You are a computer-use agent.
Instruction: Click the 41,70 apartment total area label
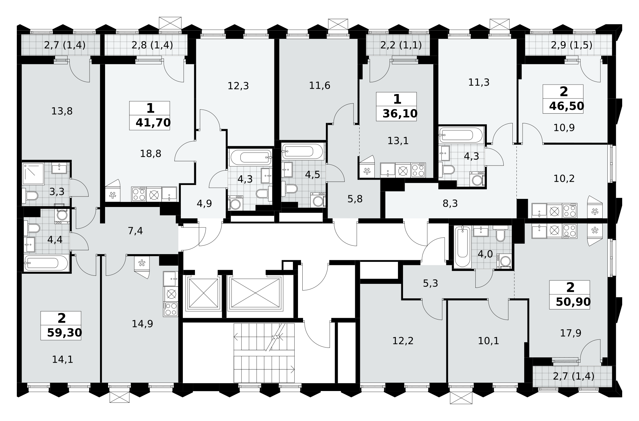pyautogui.click(x=153, y=123)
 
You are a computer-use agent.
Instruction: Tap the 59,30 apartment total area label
pyautogui.click(x=64, y=333)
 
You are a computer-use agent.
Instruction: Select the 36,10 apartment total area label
pyautogui.click(x=400, y=114)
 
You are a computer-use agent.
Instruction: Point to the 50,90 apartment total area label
pyautogui.click(x=573, y=302)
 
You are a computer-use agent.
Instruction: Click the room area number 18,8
pyautogui.click(x=150, y=154)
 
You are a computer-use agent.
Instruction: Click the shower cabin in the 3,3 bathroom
pyautogui.click(x=33, y=174)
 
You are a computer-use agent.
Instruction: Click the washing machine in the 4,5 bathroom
pyautogui.click(x=318, y=200)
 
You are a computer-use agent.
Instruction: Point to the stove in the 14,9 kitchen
pyautogui.click(x=171, y=309)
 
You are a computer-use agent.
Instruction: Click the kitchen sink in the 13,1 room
pyautogui.click(x=388, y=170)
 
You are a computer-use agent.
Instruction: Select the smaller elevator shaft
pyautogui.click(x=203, y=293)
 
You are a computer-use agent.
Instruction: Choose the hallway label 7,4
pyautogui.click(x=135, y=231)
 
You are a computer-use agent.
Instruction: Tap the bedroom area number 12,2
pyautogui.click(x=403, y=341)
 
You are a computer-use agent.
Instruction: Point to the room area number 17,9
pyautogui.click(x=571, y=333)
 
